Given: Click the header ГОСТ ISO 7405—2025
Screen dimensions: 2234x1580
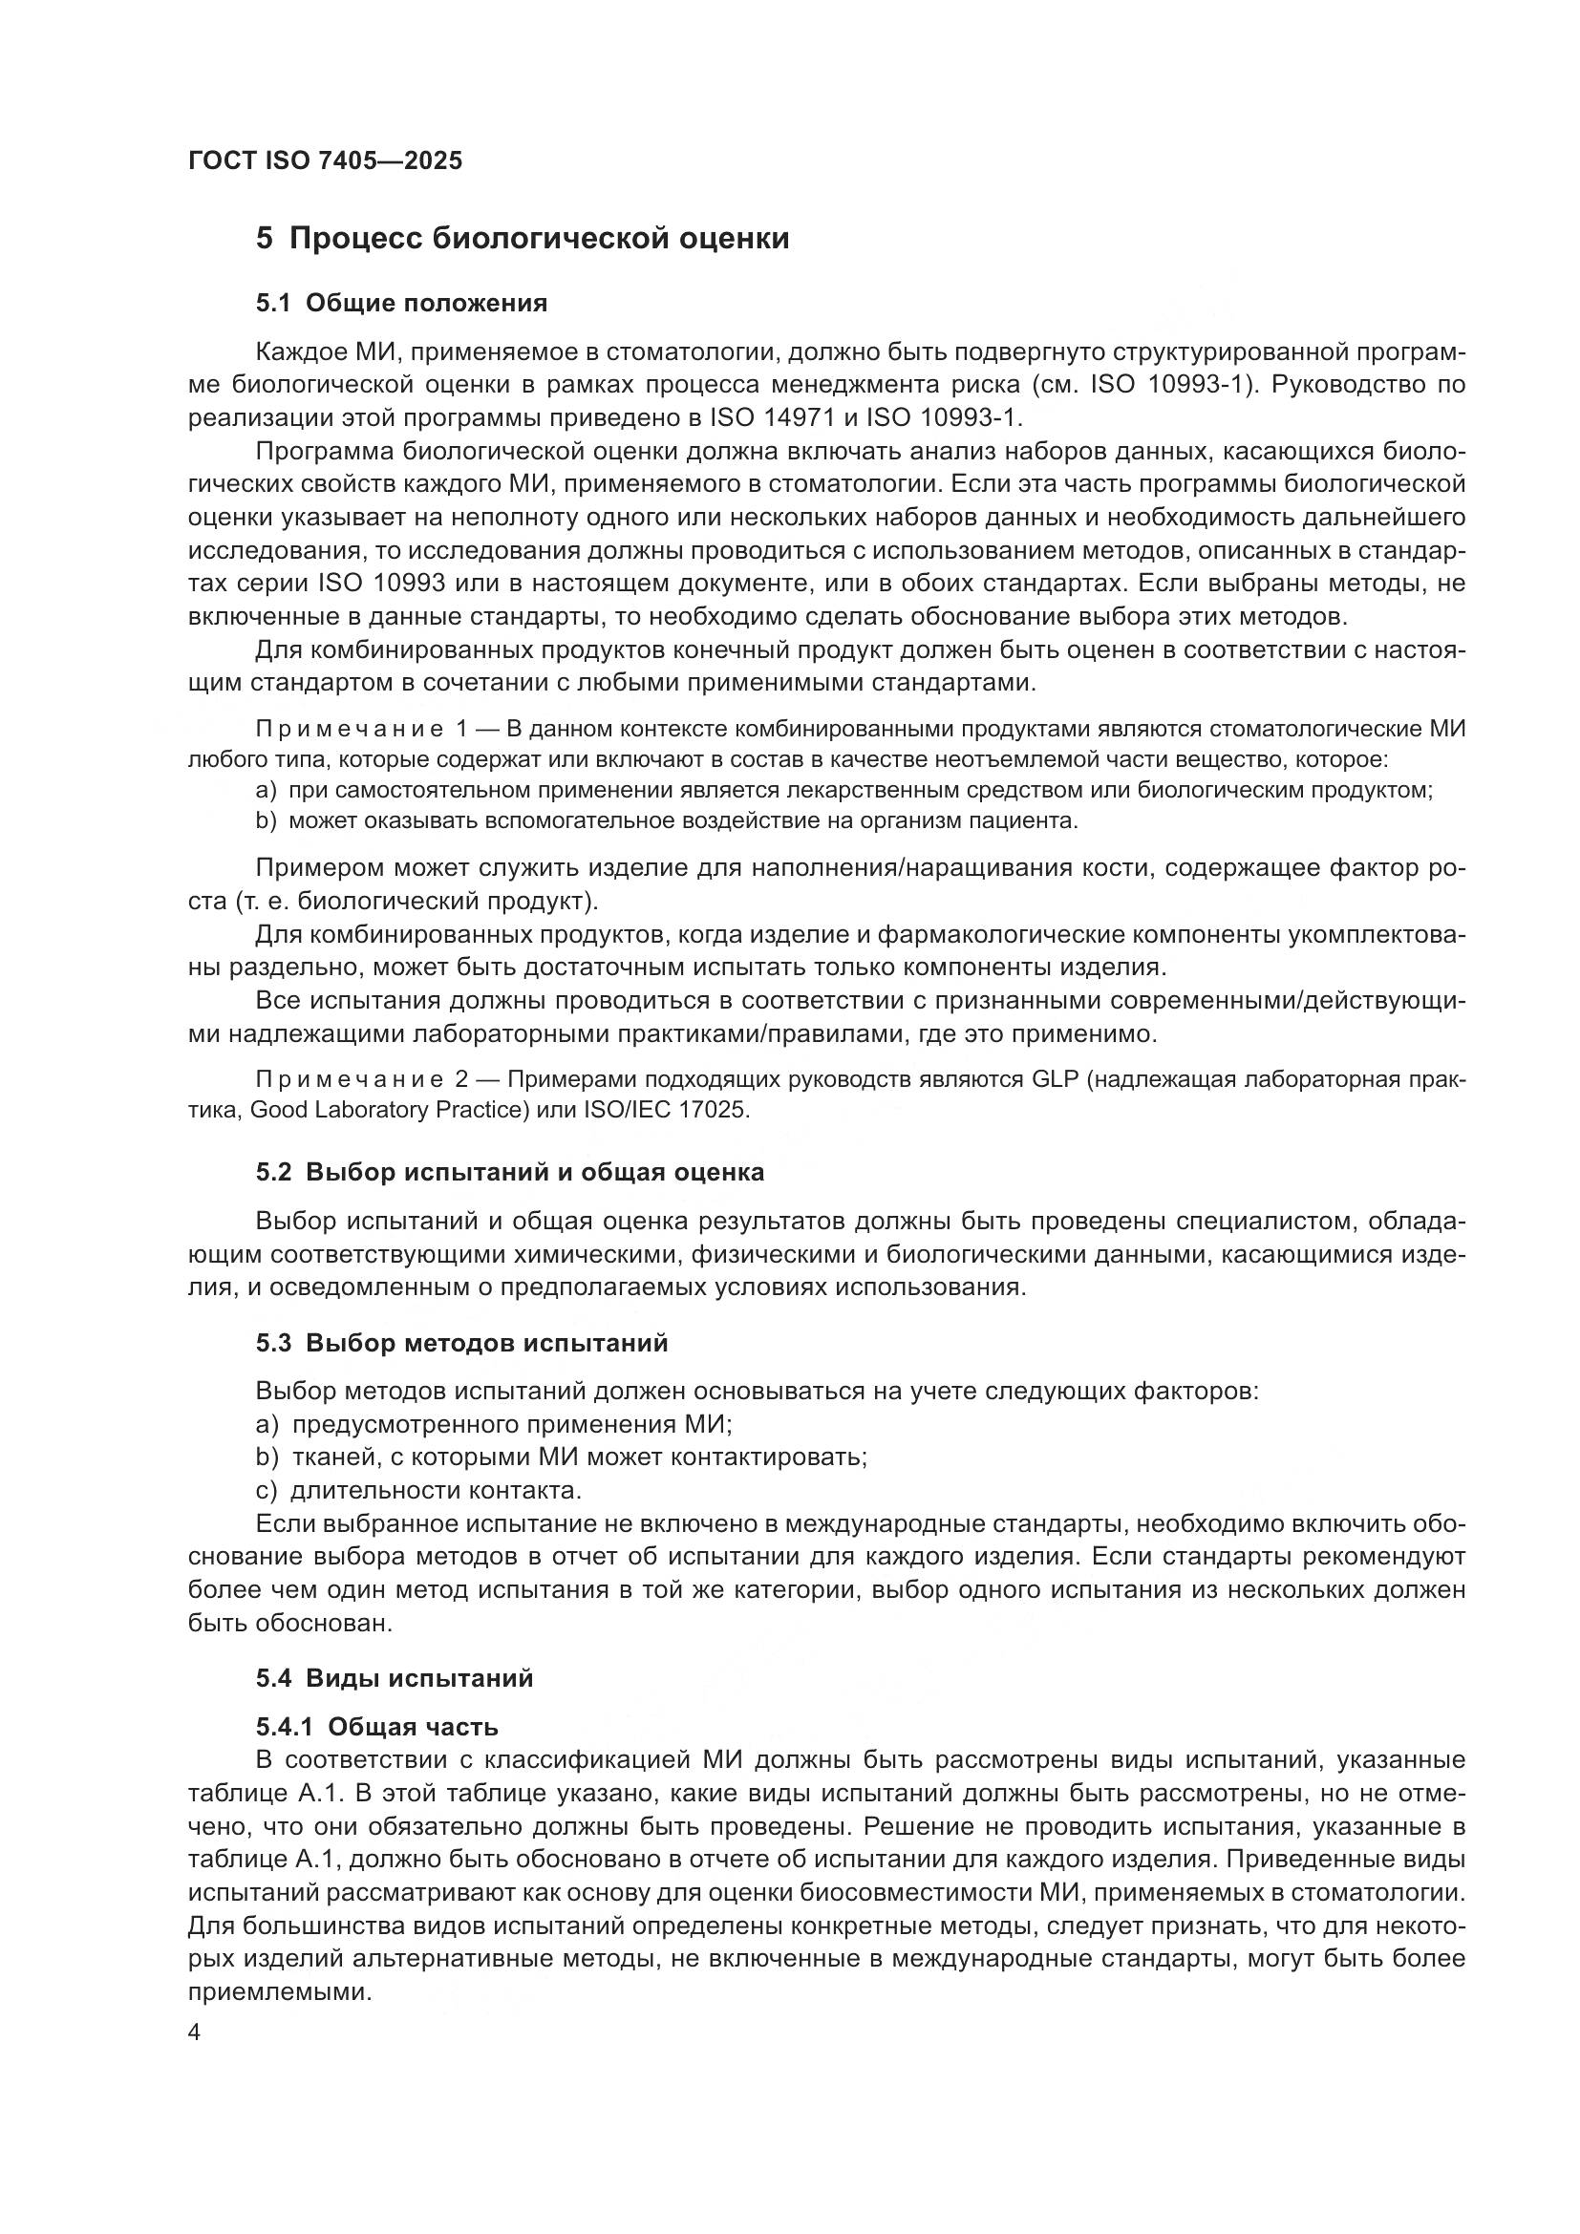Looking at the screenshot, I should pyautogui.click(x=325, y=160).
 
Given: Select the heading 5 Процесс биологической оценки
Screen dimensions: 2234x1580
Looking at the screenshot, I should pyautogui.click(x=523, y=239).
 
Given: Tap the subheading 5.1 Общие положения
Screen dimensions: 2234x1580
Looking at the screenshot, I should pyautogui.click(x=401, y=303).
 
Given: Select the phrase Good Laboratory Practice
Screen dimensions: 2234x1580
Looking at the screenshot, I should pyautogui.click(x=389, y=1110).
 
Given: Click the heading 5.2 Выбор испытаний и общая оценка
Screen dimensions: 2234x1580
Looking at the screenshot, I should pyautogui.click(x=510, y=1173).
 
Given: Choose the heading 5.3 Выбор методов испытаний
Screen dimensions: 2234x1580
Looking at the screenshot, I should pyautogui.click(x=462, y=1344).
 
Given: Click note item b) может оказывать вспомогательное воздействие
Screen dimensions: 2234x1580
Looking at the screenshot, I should pyautogui.click(x=667, y=820).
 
